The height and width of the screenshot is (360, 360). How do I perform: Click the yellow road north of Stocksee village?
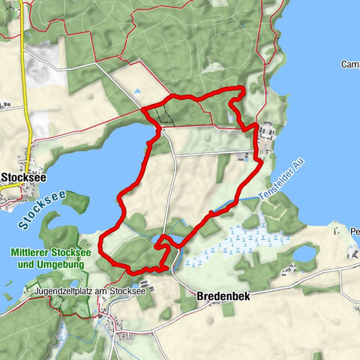[x=25, y=82]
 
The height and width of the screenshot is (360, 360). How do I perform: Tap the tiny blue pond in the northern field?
[x=136, y=93]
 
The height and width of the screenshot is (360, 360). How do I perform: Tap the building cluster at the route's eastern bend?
[x=265, y=136]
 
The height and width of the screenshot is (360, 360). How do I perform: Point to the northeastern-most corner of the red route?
[x=241, y=91]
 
